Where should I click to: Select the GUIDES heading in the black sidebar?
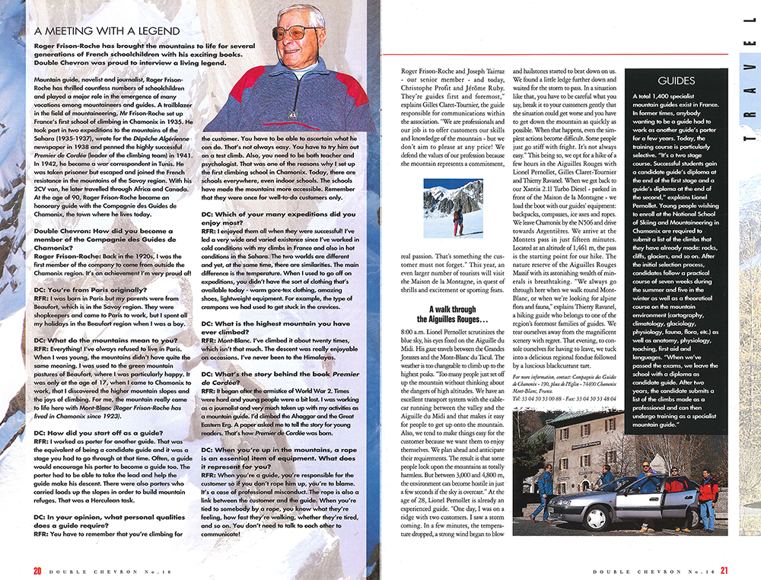click(x=677, y=80)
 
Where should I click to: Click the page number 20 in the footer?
click(x=37, y=570)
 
